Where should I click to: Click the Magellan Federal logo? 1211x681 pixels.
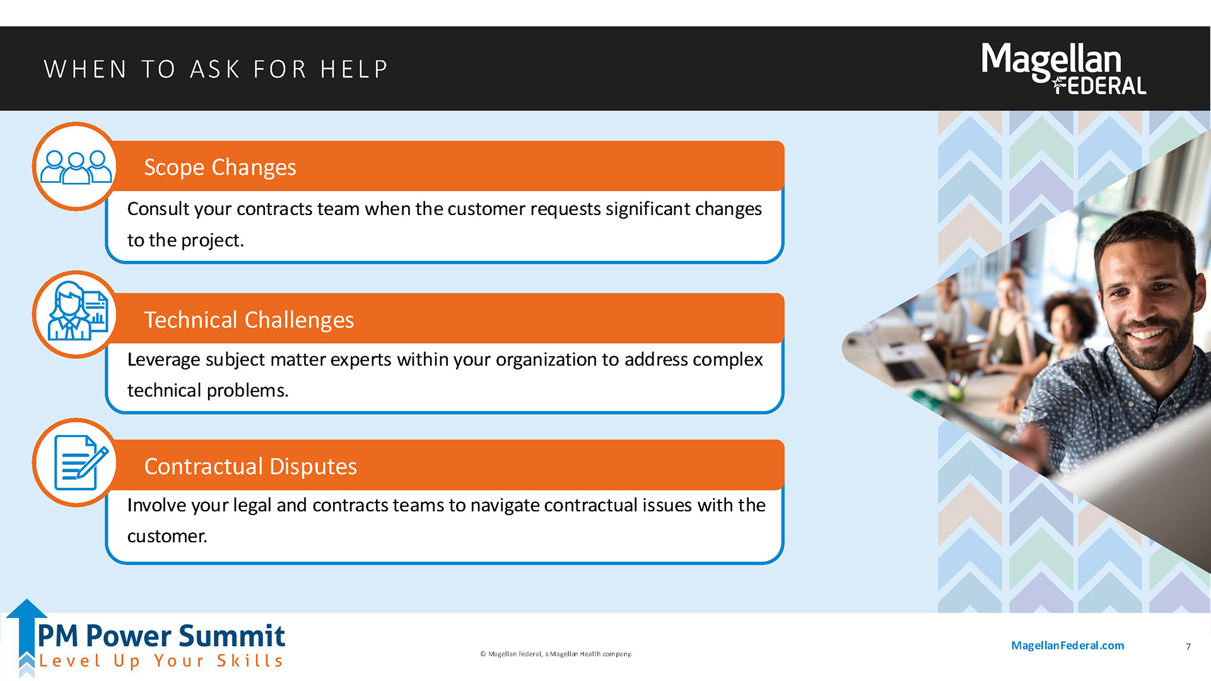[1063, 68]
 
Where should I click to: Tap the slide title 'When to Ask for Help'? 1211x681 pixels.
[216, 69]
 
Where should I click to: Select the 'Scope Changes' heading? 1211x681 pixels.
[220, 167]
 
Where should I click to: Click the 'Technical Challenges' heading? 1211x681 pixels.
[249, 320]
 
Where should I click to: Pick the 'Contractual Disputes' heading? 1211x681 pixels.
[250, 466]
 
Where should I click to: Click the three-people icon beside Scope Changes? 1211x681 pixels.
[76, 166]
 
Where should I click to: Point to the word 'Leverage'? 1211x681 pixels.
[164, 359]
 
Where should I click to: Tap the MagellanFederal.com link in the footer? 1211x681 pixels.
[1067, 645]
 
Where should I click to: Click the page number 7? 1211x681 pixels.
[1188, 646]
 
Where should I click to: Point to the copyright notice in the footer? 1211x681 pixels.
[556, 654]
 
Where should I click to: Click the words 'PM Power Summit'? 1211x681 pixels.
[161, 636]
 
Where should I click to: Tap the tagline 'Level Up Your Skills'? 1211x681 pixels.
[161, 661]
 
